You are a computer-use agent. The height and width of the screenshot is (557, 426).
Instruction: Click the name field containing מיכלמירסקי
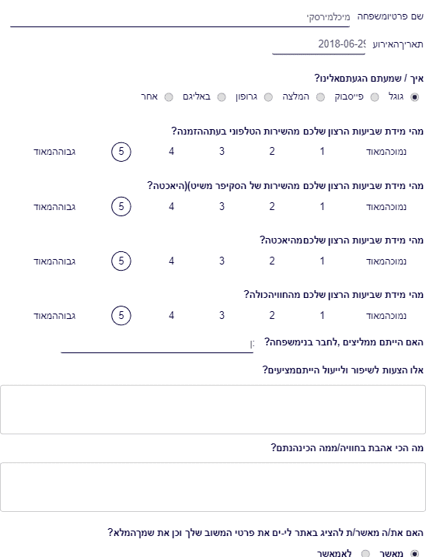[180, 18]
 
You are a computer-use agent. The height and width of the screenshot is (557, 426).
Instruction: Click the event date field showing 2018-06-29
[319, 45]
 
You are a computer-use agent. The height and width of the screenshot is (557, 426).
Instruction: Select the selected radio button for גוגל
[414, 97]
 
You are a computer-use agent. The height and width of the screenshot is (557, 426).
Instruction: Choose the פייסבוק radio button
[375, 97]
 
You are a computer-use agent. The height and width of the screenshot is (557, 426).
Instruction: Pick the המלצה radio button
[320, 97]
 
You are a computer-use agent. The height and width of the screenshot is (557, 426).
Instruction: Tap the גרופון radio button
[268, 97]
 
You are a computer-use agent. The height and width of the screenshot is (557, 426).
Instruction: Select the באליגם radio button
[222, 97]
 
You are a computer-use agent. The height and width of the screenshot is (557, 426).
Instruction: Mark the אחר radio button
[169, 97]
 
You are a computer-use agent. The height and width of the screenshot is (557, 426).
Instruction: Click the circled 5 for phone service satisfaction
[121, 152]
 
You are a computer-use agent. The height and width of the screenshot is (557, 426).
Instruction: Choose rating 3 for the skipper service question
[222, 206]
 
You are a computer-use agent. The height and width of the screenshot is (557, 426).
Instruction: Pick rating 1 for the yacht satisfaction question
[323, 261]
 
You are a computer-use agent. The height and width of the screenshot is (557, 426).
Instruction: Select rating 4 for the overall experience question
[172, 315]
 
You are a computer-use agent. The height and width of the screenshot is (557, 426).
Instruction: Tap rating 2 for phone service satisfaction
[272, 152]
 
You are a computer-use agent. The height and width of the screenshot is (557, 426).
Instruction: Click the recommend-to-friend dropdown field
[157, 344]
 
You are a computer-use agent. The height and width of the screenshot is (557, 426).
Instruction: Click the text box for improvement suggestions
[213, 409]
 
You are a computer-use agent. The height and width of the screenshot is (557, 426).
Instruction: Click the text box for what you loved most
[213, 487]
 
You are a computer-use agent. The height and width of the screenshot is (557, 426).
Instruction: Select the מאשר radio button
[414, 553]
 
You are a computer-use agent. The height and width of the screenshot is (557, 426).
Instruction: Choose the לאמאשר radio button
[365, 553]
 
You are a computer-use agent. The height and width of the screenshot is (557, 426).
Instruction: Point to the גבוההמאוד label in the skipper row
[54, 207]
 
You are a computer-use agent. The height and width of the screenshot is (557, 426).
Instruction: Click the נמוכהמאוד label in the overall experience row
[386, 316]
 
